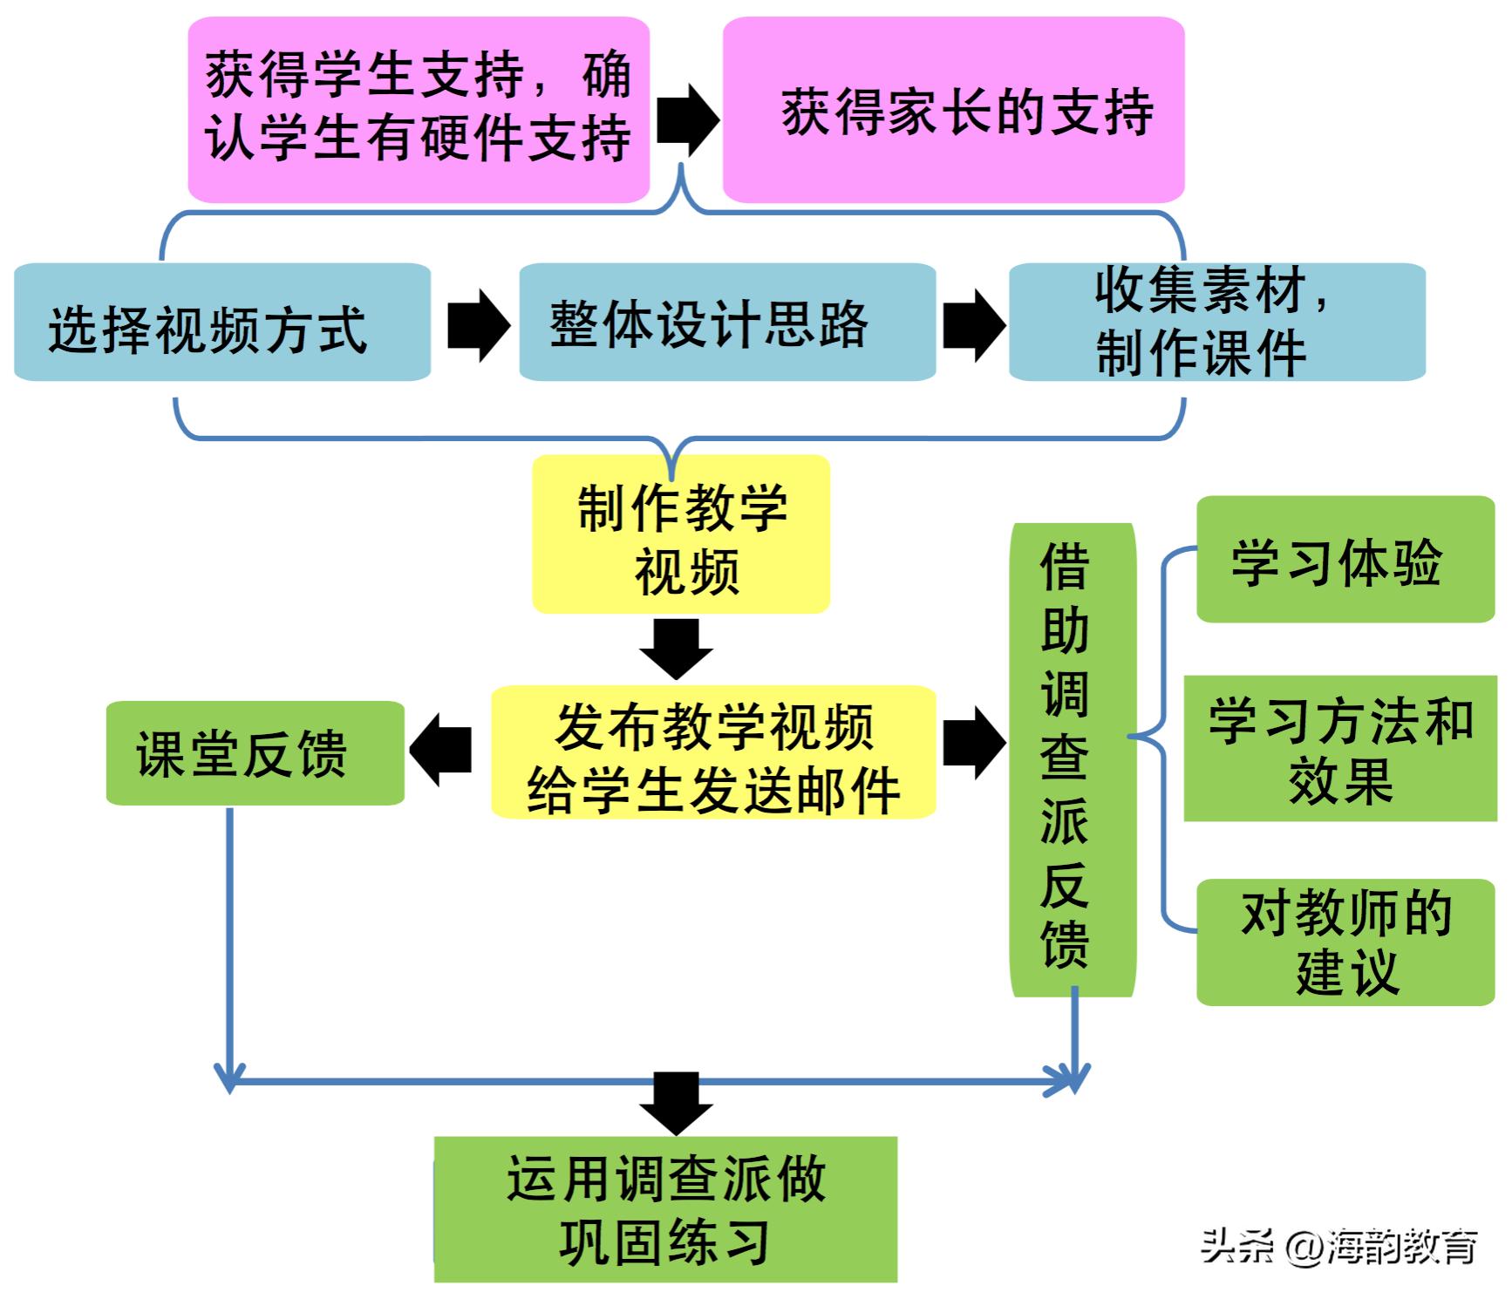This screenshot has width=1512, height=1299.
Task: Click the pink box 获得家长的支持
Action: [953, 111]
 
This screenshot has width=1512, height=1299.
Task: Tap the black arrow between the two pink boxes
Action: [686, 119]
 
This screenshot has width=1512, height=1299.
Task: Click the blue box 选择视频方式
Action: [222, 323]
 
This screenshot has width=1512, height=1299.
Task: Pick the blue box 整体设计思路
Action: [727, 323]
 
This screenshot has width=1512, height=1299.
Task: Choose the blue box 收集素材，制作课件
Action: [1216, 323]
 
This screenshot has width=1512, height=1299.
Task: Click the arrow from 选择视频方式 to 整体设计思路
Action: [477, 325]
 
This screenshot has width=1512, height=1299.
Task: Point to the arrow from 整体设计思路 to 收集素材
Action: [973, 325]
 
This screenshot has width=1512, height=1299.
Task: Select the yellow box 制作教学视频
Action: [681, 534]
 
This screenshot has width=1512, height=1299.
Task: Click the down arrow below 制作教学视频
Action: [677, 648]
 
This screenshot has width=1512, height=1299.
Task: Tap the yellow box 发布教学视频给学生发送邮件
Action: [713, 752]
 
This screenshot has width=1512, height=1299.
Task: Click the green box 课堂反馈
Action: [255, 752]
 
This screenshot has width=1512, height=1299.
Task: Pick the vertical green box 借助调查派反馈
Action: [1073, 758]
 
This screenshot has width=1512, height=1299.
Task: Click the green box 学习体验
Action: [1345, 560]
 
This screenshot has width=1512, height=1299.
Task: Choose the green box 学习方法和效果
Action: [1340, 748]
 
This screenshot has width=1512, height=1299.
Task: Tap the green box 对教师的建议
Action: [1345, 942]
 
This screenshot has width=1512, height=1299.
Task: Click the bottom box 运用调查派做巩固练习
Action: [666, 1209]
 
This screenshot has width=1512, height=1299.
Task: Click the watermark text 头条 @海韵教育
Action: [1338, 1247]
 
